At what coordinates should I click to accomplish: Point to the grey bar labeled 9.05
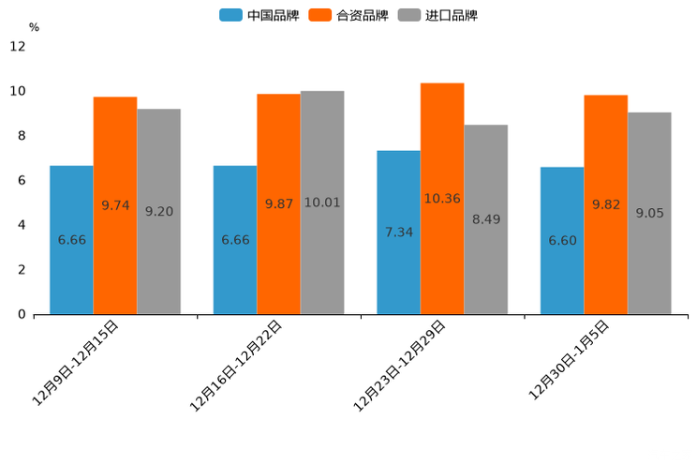pyautogui.click(x=649, y=213)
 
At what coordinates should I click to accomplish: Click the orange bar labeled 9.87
pyautogui.click(x=278, y=203)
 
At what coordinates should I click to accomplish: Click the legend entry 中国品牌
pyautogui.click(x=260, y=15)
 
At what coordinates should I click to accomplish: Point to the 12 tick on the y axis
pyautogui.click(x=18, y=46)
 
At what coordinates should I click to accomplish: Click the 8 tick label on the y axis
pyautogui.click(x=22, y=135)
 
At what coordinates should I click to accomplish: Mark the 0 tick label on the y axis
pyautogui.click(x=22, y=314)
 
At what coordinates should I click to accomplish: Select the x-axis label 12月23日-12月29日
pyautogui.click(x=400, y=364)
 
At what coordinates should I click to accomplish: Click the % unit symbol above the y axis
pyautogui.click(x=34, y=27)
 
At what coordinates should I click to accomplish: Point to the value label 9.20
pyautogui.click(x=159, y=212)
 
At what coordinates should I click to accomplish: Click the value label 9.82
pyautogui.click(x=606, y=204)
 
